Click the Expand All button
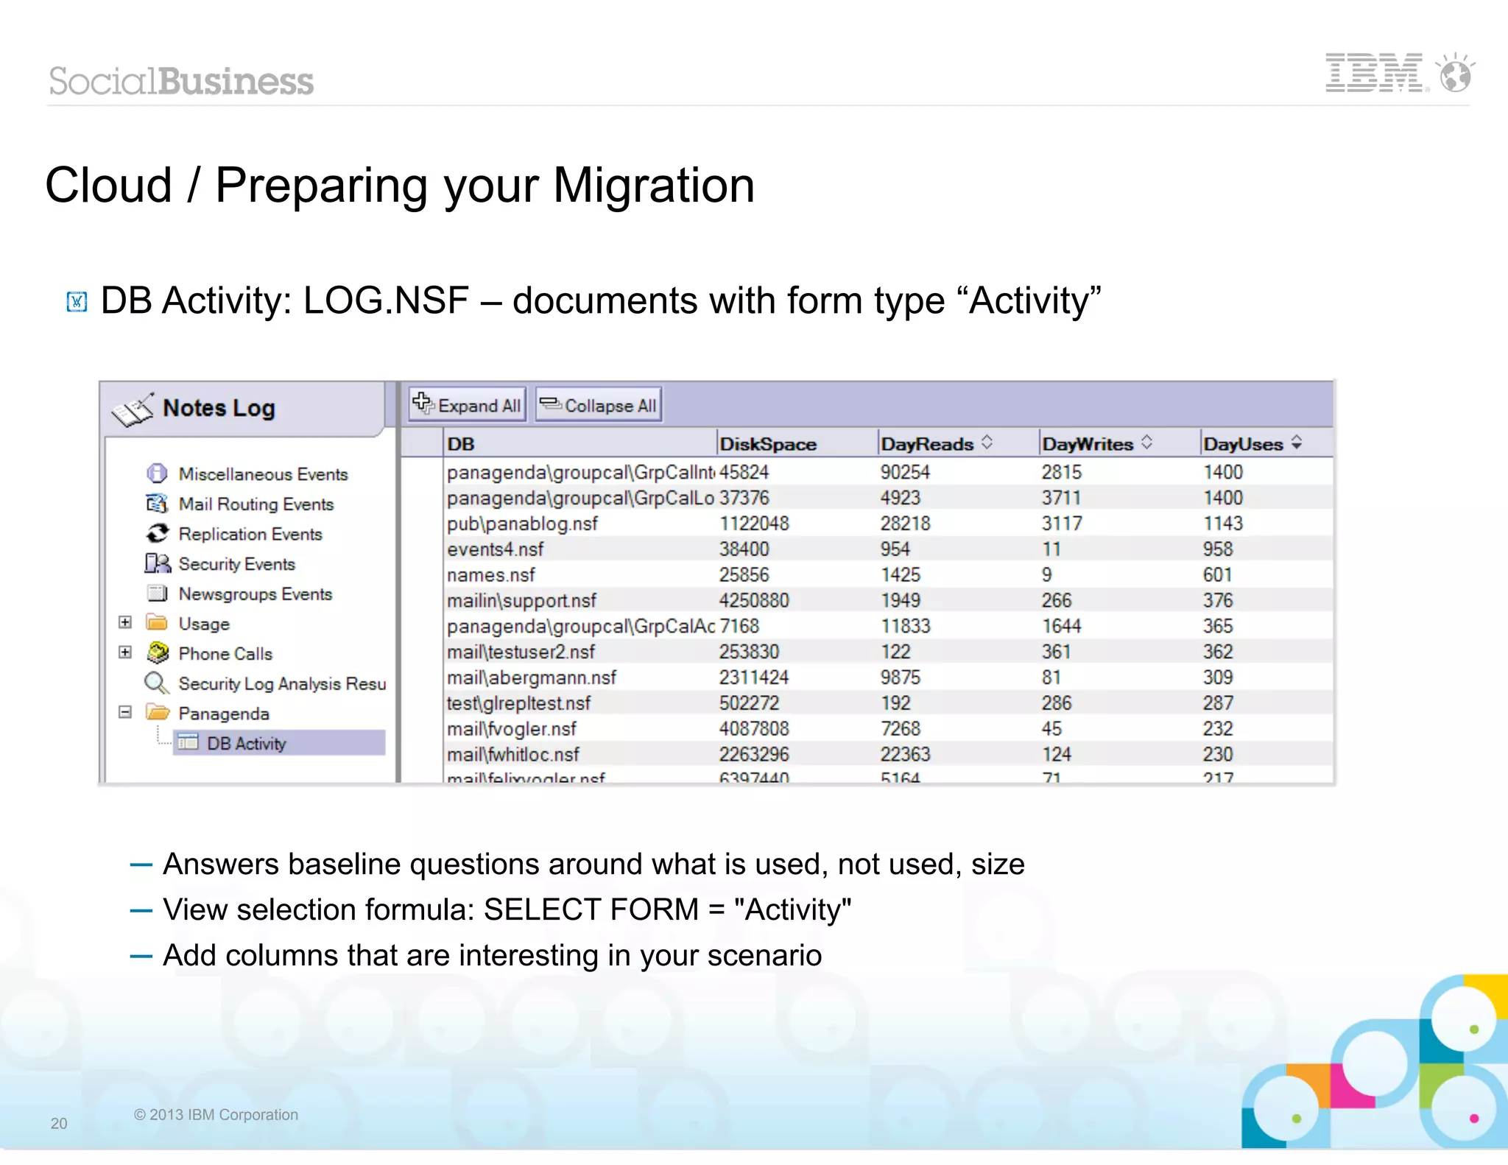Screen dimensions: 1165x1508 click(x=468, y=405)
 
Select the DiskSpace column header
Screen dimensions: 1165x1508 click(x=768, y=444)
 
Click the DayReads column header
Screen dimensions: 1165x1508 click(x=927, y=444)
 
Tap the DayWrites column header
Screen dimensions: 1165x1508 click(x=1088, y=444)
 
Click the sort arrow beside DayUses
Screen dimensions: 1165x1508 click(x=1297, y=443)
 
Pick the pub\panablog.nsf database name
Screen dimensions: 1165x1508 click(x=522, y=524)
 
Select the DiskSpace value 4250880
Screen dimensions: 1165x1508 click(x=754, y=600)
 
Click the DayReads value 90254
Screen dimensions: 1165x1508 click(x=905, y=472)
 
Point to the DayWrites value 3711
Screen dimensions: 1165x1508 click(x=1061, y=498)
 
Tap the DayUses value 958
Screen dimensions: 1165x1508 click(x=1218, y=549)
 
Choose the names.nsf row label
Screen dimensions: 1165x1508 click(x=491, y=574)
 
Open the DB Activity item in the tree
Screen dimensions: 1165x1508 click(x=246, y=743)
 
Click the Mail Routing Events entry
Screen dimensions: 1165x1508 click(x=256, y=504)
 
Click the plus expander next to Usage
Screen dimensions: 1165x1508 click(x=125, y=622)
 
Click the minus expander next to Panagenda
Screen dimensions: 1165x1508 click(x=125, y=712)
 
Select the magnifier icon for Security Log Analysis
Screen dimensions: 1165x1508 click(x=156, y=683)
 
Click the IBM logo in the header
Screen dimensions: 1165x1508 click(x=1374, y=73)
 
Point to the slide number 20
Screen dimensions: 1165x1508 click(x=59, y=1123)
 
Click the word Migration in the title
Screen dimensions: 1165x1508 click(x=653, y=185)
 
